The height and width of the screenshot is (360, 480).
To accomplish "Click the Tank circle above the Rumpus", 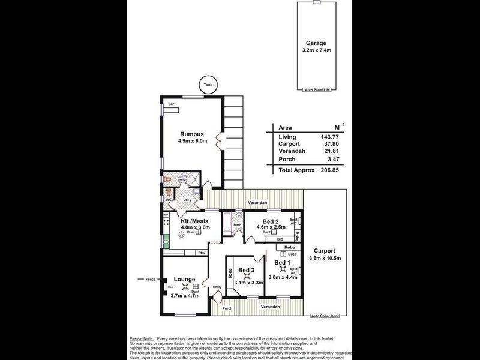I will [x=208, y=86].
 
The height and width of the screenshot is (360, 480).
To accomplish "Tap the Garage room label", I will [x=316, y=43].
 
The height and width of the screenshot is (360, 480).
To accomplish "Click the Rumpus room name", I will [x=192, y=134].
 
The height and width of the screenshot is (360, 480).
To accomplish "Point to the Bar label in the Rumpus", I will [x=170, y=104].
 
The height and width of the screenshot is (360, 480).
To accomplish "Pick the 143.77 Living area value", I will [x=334, y=137].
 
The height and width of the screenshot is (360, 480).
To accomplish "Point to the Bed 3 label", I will [x=247, y=270].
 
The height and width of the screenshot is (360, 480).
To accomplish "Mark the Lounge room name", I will [x=184, y=279].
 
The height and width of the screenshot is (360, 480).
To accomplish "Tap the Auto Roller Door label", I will [x=325, y=316].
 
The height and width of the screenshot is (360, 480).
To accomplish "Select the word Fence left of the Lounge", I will [x=149, y=279].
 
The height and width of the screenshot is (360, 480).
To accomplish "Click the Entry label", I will [x=217, y=287].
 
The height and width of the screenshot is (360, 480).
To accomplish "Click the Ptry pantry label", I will [x=202, y=253].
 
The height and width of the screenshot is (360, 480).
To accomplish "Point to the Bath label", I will [x=237, y=225].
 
